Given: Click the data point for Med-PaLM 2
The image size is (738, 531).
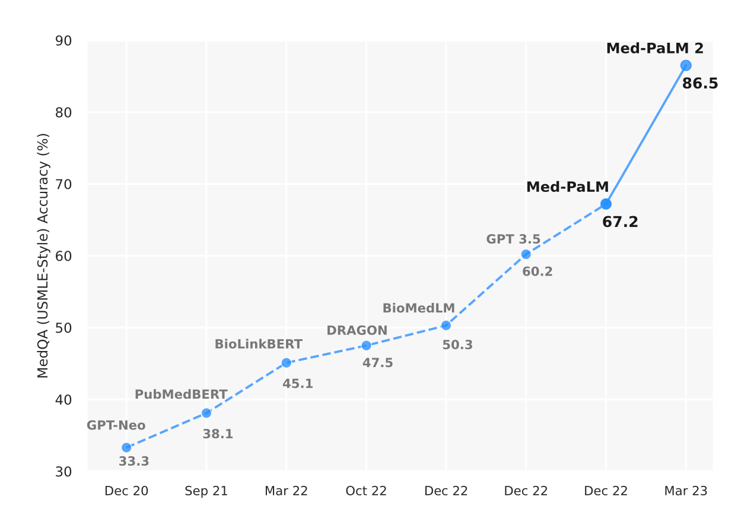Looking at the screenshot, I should tap(686, 65).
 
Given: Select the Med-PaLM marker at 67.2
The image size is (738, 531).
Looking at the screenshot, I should tap(606, 204).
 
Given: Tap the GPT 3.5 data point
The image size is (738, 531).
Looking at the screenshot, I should tap(526, 254).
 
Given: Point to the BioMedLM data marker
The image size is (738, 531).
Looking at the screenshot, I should tap(446, 325).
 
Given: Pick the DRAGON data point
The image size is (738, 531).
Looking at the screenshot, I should tap(366, 346).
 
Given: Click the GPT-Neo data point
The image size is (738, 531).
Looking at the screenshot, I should tap(126, 447).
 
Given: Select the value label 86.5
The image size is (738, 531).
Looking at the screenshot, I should tap(700, 84).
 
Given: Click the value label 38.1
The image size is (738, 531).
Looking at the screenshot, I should tap(218, 434).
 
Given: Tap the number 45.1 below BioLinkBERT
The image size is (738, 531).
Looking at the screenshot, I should tap(297, 384).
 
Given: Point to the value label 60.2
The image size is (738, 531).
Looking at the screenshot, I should tap(537, 272).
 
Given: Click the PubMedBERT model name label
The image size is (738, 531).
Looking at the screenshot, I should tap(181, 394).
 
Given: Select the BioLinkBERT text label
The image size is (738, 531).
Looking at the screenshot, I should tap(258, 344).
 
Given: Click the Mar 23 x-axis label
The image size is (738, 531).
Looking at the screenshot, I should tap(685, 491).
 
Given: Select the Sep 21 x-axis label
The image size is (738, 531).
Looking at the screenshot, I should tap(206, 491).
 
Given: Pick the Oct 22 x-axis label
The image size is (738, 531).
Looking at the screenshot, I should tap(366, 491).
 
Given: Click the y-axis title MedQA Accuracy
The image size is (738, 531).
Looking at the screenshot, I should tap(43, 256).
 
